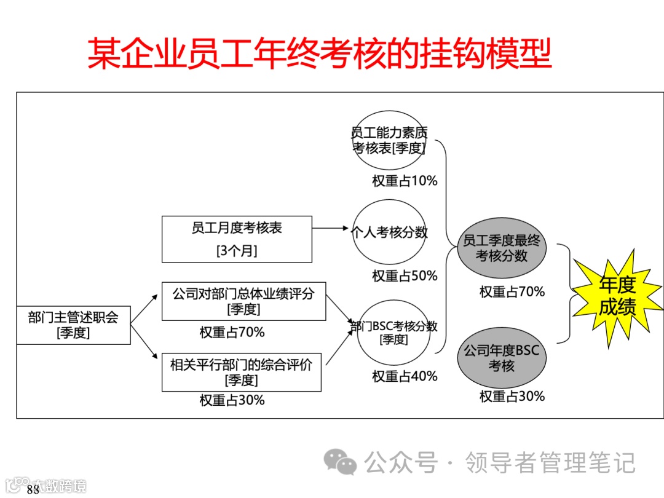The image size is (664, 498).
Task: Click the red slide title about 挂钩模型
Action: pos(319,54)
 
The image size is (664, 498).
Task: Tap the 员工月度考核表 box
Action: pos(237,239)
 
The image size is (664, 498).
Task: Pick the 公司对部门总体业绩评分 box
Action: pos(243,301)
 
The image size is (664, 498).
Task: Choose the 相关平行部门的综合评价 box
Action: pos(241,372)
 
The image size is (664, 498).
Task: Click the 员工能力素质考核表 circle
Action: pos(389,140)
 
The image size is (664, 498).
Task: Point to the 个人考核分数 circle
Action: pos(389,232)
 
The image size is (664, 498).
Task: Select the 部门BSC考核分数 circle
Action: pos(393,332)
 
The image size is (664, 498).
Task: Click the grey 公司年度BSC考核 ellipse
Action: pos(502,358)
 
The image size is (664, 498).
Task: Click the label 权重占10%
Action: pos(405,181)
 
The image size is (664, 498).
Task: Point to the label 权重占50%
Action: pos(405,276)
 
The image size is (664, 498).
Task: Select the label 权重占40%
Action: pos(405,376)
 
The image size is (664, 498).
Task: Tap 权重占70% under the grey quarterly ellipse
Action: pos(512,291)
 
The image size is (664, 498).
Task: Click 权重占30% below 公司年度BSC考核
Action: pos(512,396)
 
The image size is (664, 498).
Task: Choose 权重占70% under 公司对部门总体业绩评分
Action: pos(232,332)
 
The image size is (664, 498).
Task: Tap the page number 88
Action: pos(33,489)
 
